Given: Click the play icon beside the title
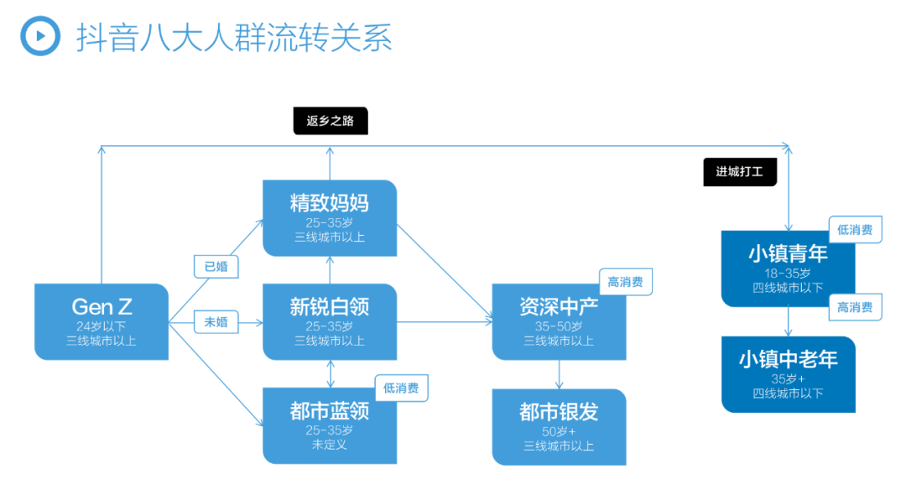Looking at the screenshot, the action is click(40, 36).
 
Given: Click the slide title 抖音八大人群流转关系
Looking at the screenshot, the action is click(234, 38).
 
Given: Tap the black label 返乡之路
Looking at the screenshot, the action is click(331, 121).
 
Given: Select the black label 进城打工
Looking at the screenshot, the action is click(740, 172).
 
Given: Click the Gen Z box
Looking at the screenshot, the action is click(102, 322).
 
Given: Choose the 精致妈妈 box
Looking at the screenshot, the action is click(330, 218).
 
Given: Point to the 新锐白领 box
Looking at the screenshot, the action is click(330, 322).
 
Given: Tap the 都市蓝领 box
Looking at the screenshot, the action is click(330, 426).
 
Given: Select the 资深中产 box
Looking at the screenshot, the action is click(559, 322).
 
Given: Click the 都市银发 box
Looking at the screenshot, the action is click(559, 427).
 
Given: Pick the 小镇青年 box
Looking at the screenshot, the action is click(788, 268).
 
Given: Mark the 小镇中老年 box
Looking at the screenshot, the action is click(788, 374).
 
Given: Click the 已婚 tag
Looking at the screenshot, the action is click(216, 266).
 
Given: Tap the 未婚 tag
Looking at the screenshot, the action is click(216, 322).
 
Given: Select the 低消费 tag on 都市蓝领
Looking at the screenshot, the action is click(402, 388).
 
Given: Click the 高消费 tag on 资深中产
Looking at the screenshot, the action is click(626, 282).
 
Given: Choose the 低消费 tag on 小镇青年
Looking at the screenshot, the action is click(855, 230).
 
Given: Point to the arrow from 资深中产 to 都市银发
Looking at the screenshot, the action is click(559, 374).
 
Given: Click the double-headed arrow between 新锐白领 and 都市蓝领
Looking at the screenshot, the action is click(330, 374).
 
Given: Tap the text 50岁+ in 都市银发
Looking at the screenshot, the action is click(559, 431).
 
